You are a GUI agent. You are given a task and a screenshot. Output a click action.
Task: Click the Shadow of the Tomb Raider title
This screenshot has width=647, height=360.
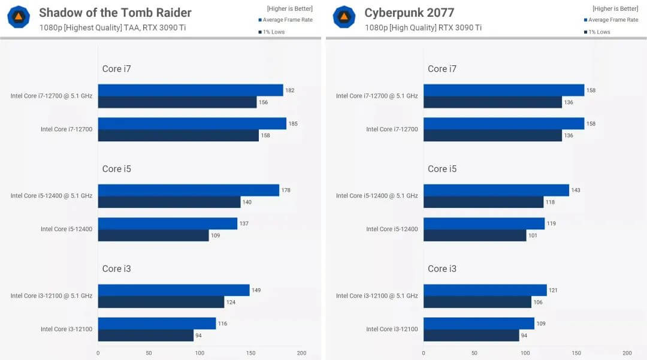click(x=115, y=13)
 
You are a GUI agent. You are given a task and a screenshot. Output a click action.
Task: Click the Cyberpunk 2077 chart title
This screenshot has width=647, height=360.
click(x=409, y=13)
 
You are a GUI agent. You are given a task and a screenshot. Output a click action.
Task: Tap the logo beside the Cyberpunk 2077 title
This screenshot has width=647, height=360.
click(x=344, y=17)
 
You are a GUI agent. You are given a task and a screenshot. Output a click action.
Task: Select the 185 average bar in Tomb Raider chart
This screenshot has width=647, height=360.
click(x=192, y=123)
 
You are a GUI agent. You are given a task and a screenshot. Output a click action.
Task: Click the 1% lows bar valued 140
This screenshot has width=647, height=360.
click(x=169, y=202)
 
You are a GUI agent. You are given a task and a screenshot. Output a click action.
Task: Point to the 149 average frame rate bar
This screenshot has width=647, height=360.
click(x=174, y=290)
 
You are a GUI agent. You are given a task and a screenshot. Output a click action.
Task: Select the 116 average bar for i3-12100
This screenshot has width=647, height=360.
click(x=157, y=323)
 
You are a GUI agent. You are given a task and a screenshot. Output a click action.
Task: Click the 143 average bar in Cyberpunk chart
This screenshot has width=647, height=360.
click(x=496, y=190)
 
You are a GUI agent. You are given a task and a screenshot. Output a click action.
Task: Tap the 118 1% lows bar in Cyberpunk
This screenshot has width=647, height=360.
click(x=483, y=202)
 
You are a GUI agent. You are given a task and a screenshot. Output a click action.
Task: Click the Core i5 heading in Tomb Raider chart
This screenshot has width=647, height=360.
click(x=116, y=169)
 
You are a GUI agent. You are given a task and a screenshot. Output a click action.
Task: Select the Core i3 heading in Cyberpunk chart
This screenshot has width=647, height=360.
click(x=442, y=269)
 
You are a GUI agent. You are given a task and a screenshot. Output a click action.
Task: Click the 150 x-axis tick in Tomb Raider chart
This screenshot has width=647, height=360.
click(x=250, y=353)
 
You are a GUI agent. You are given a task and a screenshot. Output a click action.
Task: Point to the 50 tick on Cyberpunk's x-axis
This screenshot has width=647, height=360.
click(x=474, y=353)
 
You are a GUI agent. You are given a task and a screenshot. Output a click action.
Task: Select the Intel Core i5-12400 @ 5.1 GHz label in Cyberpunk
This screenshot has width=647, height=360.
click(x=377, y=196)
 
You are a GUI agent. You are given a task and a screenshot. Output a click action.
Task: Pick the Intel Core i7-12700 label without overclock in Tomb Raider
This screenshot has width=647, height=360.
click(x=66, y=129)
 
